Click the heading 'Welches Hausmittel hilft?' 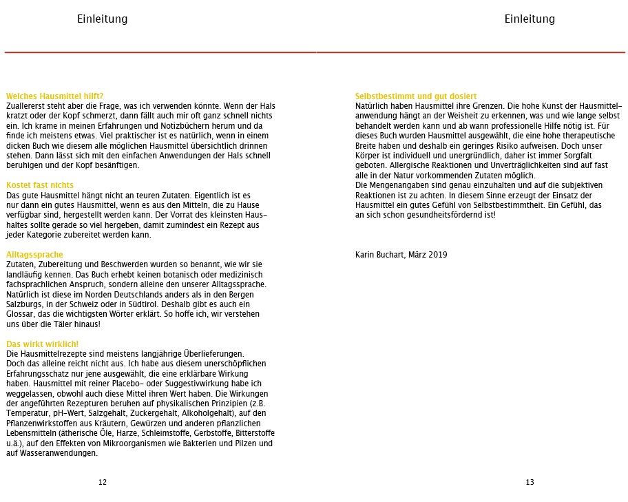[54, 96]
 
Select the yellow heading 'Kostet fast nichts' [40, 185]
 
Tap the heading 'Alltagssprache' [34, 255]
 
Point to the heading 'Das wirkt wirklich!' [43, 344]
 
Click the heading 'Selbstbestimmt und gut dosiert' [416, 96]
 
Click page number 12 [103, 482]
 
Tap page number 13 [530, 482]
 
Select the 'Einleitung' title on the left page [102, 19]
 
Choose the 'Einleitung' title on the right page [530, 19]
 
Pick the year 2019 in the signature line [437, 255]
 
